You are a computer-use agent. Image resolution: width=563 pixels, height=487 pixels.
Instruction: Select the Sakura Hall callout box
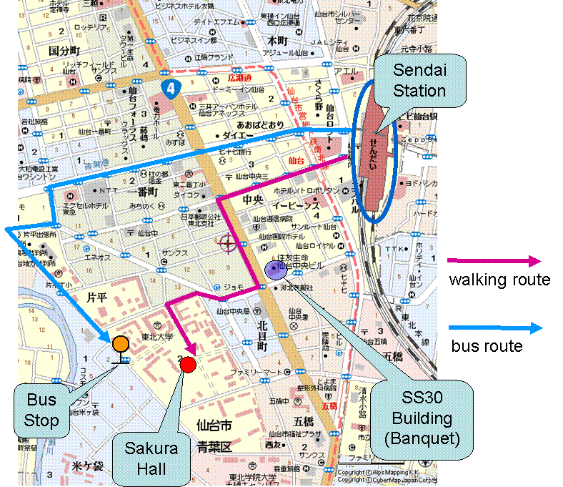[151, 458]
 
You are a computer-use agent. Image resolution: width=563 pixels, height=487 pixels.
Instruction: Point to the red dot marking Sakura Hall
[188, 365]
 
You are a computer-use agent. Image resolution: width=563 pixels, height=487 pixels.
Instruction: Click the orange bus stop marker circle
[120, 344]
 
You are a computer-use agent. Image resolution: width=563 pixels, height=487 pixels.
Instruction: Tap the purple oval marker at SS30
[273, 269]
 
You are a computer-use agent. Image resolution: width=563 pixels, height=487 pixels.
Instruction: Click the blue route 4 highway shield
[169, 89]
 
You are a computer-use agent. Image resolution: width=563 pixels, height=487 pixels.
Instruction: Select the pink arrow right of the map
[494, 262]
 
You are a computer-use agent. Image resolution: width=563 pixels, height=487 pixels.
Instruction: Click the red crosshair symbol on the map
[228, 244]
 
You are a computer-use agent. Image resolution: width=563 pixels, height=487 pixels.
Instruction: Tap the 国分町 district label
[64, 51]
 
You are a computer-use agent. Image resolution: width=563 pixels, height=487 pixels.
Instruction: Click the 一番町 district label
[143, 192]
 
